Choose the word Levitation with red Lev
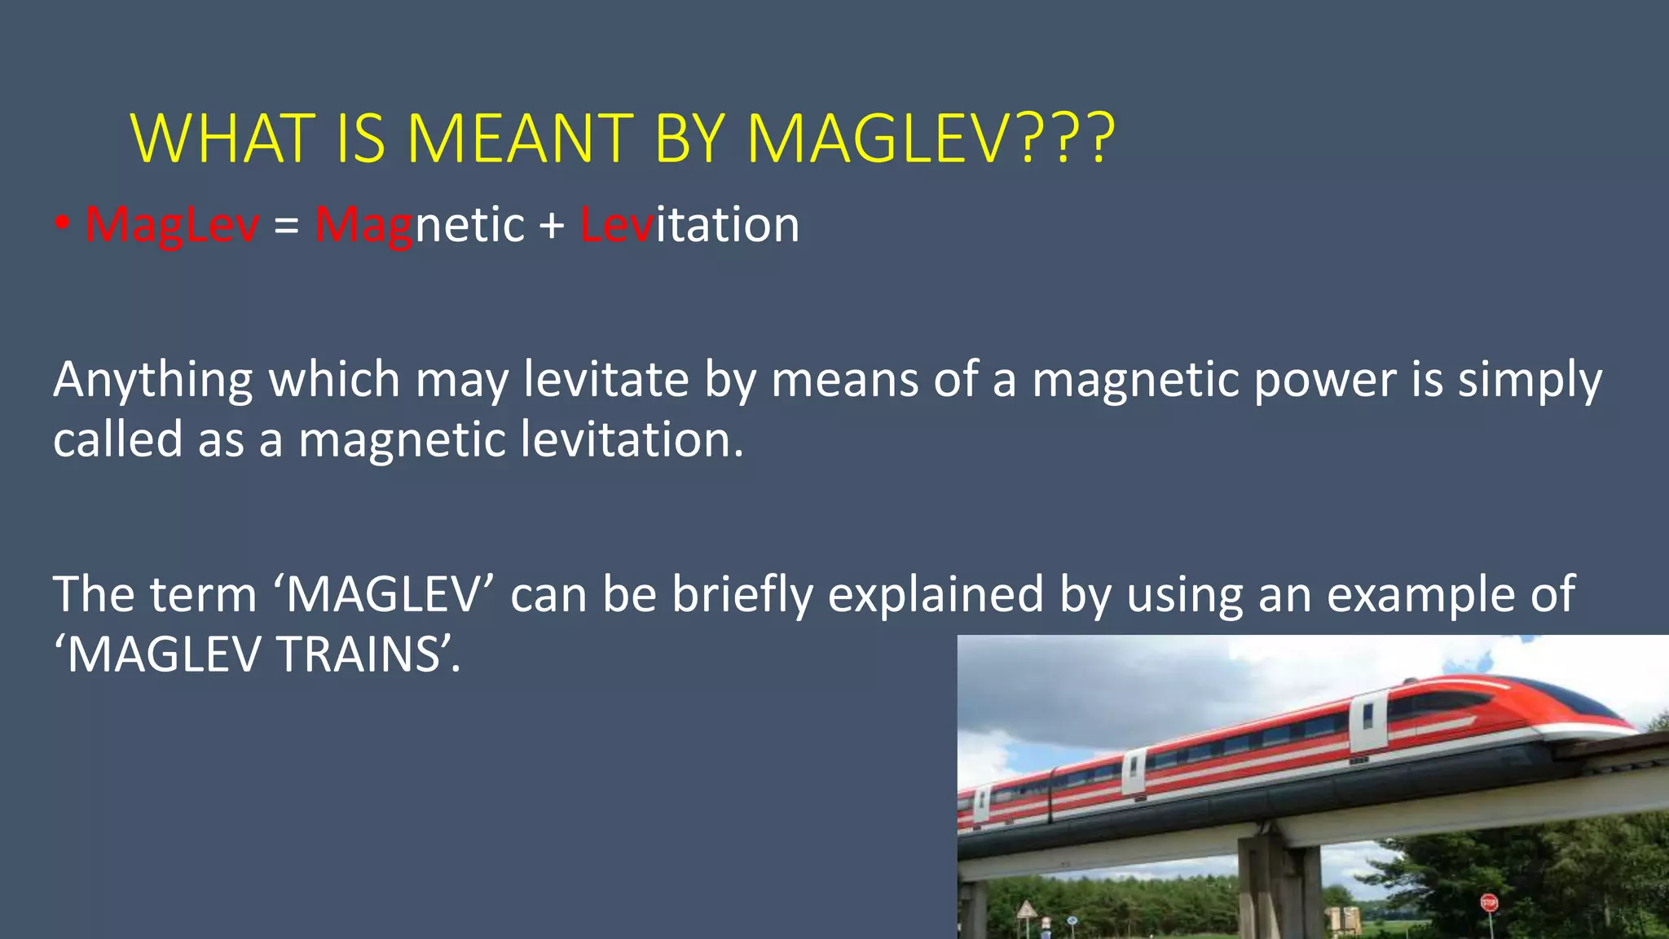click(689, 225)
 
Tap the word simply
click(1530, 380)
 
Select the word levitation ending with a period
click(632, 440)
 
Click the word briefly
click(742, 595)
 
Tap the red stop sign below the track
click(1489, 902)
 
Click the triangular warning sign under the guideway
click(1026, 909)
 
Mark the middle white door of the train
click(1134, 774)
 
